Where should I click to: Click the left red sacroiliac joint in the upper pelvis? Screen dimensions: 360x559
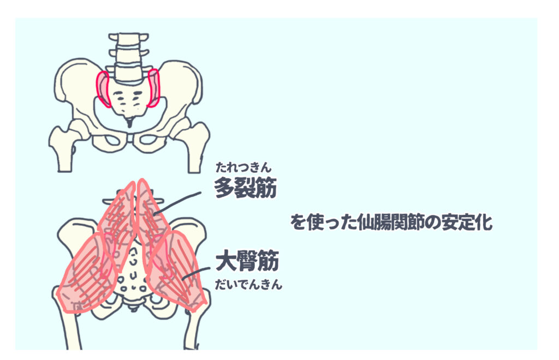click(x=103, y=88)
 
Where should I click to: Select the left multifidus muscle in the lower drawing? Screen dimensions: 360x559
click(x=117, y=218)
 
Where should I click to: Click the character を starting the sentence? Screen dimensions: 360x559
click(x=296, y=223)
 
